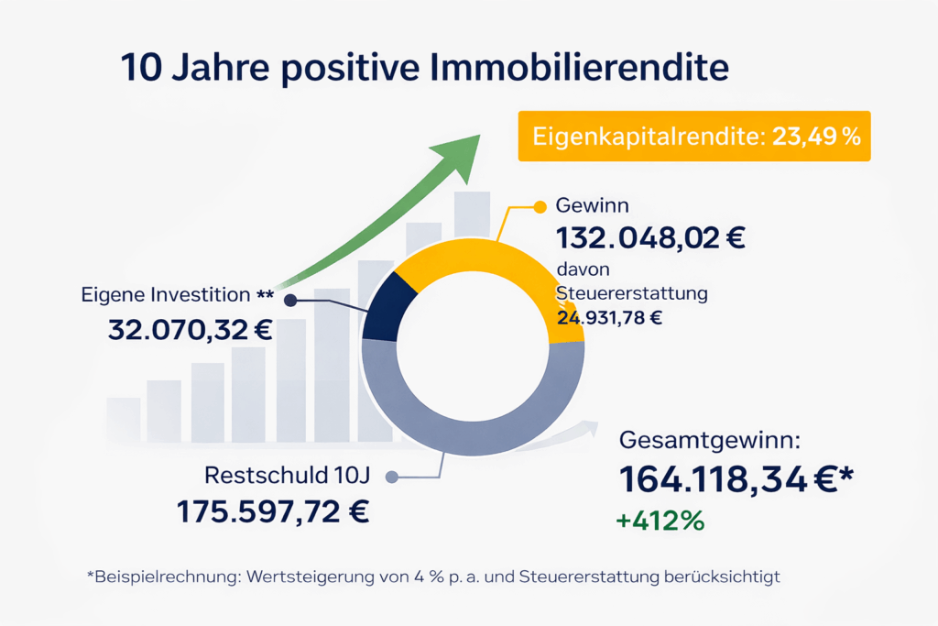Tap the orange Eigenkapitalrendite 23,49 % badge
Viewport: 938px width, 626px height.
coord(693,137)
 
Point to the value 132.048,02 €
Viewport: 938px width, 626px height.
coord(650,237)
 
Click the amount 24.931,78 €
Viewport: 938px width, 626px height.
coord(609,318)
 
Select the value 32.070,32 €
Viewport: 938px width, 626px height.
coord(190,330)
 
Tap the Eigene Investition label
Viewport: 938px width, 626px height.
coord(166,295)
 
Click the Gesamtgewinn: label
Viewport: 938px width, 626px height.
coord(710,440)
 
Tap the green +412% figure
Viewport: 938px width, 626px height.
coord(660,521)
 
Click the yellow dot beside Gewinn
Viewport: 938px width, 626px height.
coord(538,205)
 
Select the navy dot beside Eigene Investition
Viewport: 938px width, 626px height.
coord(290,300)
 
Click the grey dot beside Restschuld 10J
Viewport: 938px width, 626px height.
coord(392,477)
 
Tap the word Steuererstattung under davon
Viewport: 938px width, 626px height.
coord(632,294)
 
